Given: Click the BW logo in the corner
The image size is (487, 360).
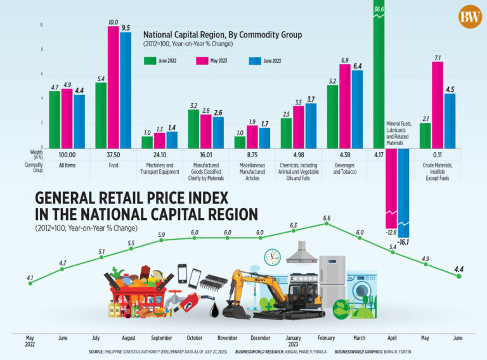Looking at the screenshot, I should pos(470,16).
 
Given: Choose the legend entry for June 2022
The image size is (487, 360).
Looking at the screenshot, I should pos(159,61).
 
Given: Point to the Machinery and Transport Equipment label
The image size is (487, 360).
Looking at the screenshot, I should pos(159,168).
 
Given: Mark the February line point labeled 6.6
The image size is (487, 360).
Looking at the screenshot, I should pos(327,223).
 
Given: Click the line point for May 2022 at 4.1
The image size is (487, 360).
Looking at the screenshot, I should pos(29,283).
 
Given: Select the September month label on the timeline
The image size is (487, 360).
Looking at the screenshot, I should pos(162,338).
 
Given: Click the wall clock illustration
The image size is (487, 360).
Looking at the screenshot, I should pos(273,257).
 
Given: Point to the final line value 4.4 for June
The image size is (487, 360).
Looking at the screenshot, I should pos(459,270).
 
